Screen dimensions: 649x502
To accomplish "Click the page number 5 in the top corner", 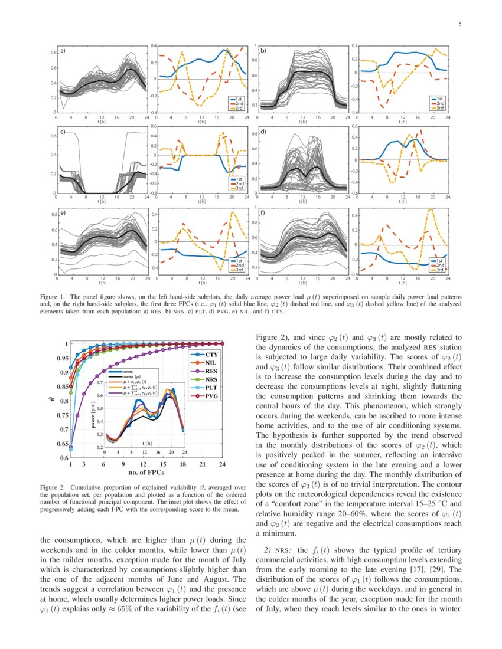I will point(459,24).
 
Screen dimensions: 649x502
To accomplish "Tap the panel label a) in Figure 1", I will point(61,50).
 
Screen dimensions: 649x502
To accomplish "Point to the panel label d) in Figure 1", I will point(264,132).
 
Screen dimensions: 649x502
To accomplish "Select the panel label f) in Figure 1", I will point(264,212).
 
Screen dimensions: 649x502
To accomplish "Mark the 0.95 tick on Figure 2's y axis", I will point(60,358).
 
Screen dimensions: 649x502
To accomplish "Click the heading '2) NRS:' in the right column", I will point(276,550).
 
